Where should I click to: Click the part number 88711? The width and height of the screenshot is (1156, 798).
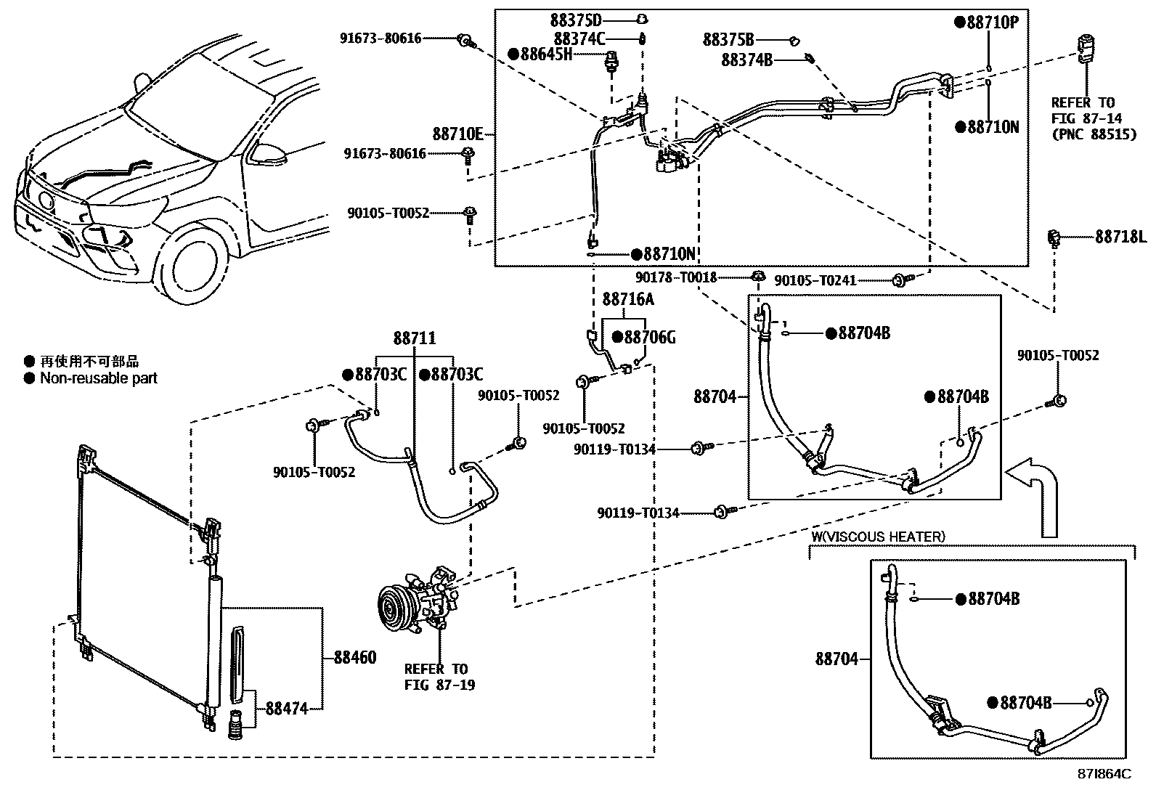coord(415,338)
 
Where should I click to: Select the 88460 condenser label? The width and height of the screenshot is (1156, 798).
coord(355,658)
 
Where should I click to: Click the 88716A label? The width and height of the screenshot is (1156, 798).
coord(628,299)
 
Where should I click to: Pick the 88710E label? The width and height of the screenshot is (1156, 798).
coord(457,134)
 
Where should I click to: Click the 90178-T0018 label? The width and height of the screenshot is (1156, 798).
coord(676,277)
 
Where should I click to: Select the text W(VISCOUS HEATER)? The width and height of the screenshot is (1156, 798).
coord(878,537)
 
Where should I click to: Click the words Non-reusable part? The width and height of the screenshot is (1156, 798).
coord(99,378)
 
